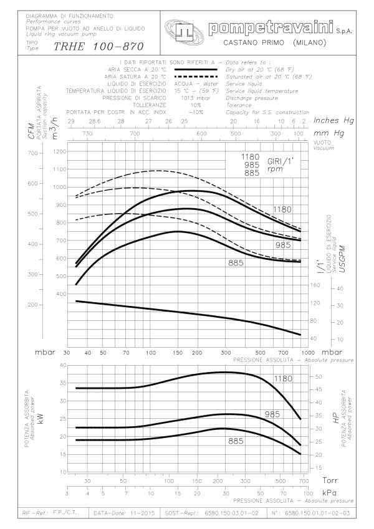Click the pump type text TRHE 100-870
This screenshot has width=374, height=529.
coord(98,46)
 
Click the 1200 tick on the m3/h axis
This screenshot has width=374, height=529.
coord(59,151)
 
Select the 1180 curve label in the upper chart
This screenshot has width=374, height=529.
coord(282,209)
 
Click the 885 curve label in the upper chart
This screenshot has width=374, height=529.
coord(235,263)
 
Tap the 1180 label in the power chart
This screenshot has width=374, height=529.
coord(282,378)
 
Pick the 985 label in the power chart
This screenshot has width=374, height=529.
coord(272,414)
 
